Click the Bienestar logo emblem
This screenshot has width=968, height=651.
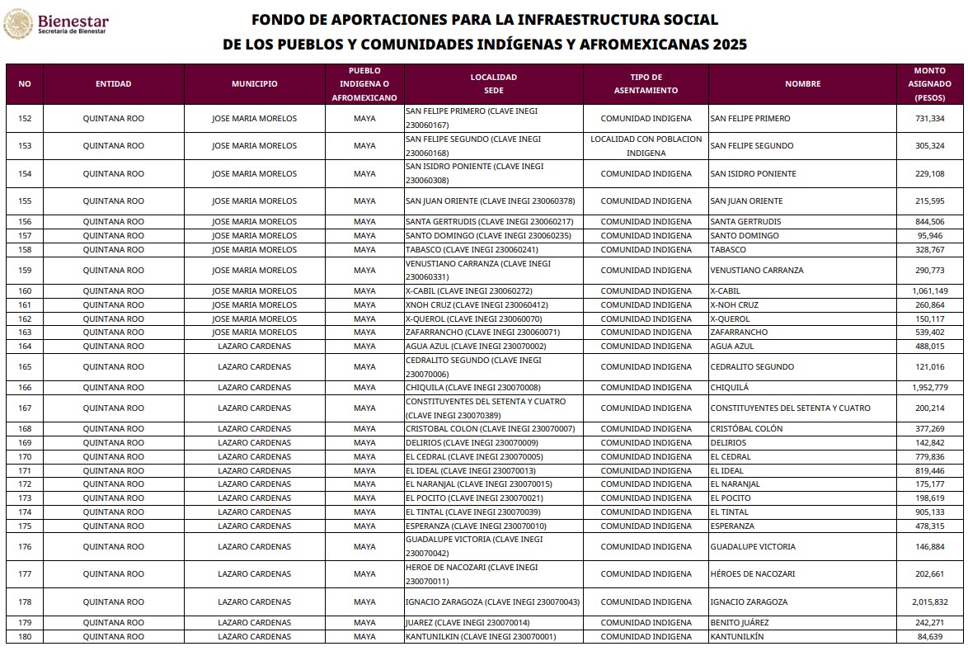pyautogui.click(x=18, y=25)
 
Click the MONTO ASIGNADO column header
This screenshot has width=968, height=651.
pyautogui.click(x=929, y=84)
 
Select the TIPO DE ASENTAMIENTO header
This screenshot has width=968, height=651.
pyautogui.click(x=646, y=84)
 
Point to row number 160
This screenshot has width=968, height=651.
pyautogui.click(x=25, y=291)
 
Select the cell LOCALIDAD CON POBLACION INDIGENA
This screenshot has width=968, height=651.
pyautogui.click(x=646, y=146)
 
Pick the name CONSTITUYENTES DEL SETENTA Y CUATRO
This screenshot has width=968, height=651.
pyautogui.click(x=790, y=408)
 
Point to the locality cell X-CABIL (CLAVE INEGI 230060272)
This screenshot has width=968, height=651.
pyautogui.click(x=468, y=291)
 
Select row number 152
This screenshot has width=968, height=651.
pyautogui.click(x=25, y=119)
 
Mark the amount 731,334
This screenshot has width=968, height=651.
pyautogui.click(x=929, y=119)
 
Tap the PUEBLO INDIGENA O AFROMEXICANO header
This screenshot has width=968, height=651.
pyautogui.click(x=364, y=84)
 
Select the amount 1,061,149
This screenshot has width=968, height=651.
pyautogui.click(x=929, y=291)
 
